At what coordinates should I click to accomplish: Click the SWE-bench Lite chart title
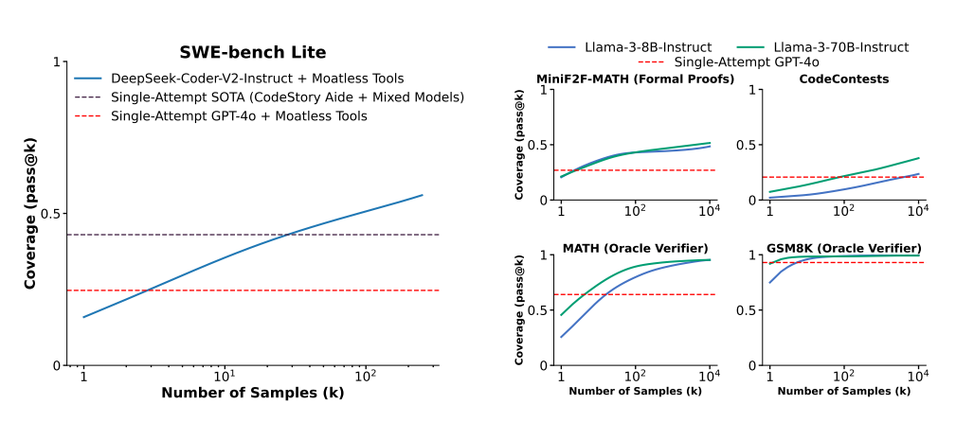(x=253, y=53)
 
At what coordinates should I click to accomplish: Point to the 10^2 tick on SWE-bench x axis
(x=364, y=377)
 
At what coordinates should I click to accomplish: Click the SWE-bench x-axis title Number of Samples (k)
(x=253, y=393)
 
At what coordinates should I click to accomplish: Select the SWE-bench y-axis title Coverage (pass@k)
(x=30, y=214)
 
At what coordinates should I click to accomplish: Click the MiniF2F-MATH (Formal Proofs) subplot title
(x=635, y=79)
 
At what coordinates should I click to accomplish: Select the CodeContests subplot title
(x=843, y=79)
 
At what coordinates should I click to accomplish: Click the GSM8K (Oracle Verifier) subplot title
(x=843, y=249)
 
